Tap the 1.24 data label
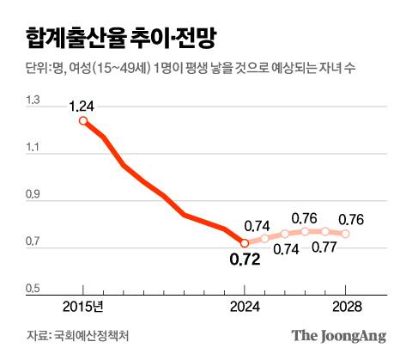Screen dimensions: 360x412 pos(83,106)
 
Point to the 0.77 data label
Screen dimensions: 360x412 pos(322,248)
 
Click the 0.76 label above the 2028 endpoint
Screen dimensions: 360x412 pos(352,218)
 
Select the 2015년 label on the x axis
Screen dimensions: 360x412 pos(82,306)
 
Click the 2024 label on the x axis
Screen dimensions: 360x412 pos(245,306)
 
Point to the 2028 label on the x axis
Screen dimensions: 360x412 pos(346,306)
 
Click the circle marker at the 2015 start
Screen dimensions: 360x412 pos(83,121)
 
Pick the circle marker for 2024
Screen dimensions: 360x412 pos(245,243)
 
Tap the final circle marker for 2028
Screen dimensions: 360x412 pos(346,234)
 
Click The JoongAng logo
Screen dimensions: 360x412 pos(337,336)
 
